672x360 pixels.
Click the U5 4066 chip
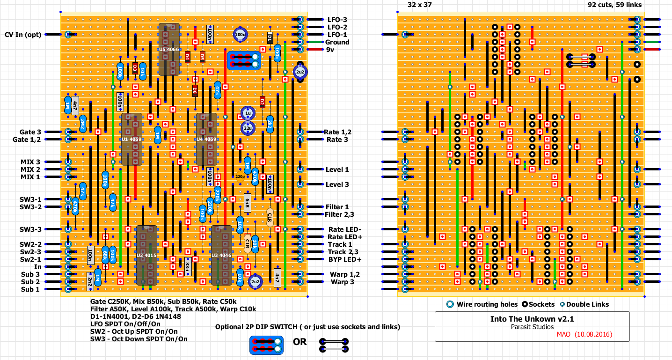169,49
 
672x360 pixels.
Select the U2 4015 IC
146,255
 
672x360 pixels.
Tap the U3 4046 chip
221,255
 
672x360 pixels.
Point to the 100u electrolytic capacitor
240,34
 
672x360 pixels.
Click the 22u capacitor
248,128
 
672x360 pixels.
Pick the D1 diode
270,38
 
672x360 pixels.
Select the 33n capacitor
188,266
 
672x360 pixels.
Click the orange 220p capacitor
240,176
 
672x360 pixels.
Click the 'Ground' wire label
337,42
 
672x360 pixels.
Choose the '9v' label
331,50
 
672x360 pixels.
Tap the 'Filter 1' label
337,207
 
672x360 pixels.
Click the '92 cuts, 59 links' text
614,5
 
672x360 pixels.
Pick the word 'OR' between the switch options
300,342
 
